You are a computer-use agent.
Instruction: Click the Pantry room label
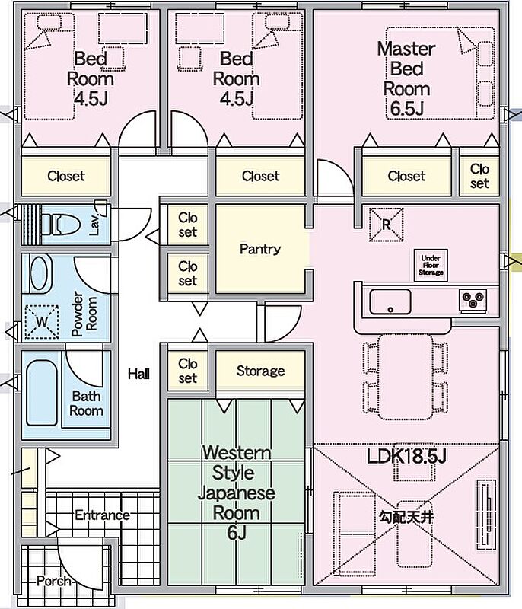click(x=260, y=249)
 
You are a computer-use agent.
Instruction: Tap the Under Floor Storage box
click(x=431, y=265)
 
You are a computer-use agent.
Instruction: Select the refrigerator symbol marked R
click(x=386, y=225)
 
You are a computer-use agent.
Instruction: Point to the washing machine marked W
click(x=42, y=321)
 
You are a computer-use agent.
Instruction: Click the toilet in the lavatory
click(x=60, y=225)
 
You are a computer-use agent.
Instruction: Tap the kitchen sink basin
click(x=390, y=301)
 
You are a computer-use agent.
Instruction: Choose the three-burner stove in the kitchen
click(x=473, y=300)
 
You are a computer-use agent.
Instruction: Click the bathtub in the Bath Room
click(x=42, y=393)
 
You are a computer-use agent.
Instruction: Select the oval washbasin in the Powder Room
click(x=41, y=274)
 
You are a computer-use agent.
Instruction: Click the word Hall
click(x=139, y=374)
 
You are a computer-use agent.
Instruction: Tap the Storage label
click(x=260, y=371)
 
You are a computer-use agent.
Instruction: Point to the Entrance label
click(x=103, y=515)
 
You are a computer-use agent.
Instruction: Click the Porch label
click(x=54, y=581)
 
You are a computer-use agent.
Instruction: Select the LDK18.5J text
click(x=406, y=456)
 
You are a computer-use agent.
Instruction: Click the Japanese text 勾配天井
click(x=406, y=517)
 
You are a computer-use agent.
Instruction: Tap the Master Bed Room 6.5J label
click(x=406, y=79)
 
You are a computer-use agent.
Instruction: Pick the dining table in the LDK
click(x=405, y=377)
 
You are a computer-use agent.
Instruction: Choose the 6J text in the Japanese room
click(x=237, y=532)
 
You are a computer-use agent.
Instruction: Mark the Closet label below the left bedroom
click(x=66, y=176)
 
